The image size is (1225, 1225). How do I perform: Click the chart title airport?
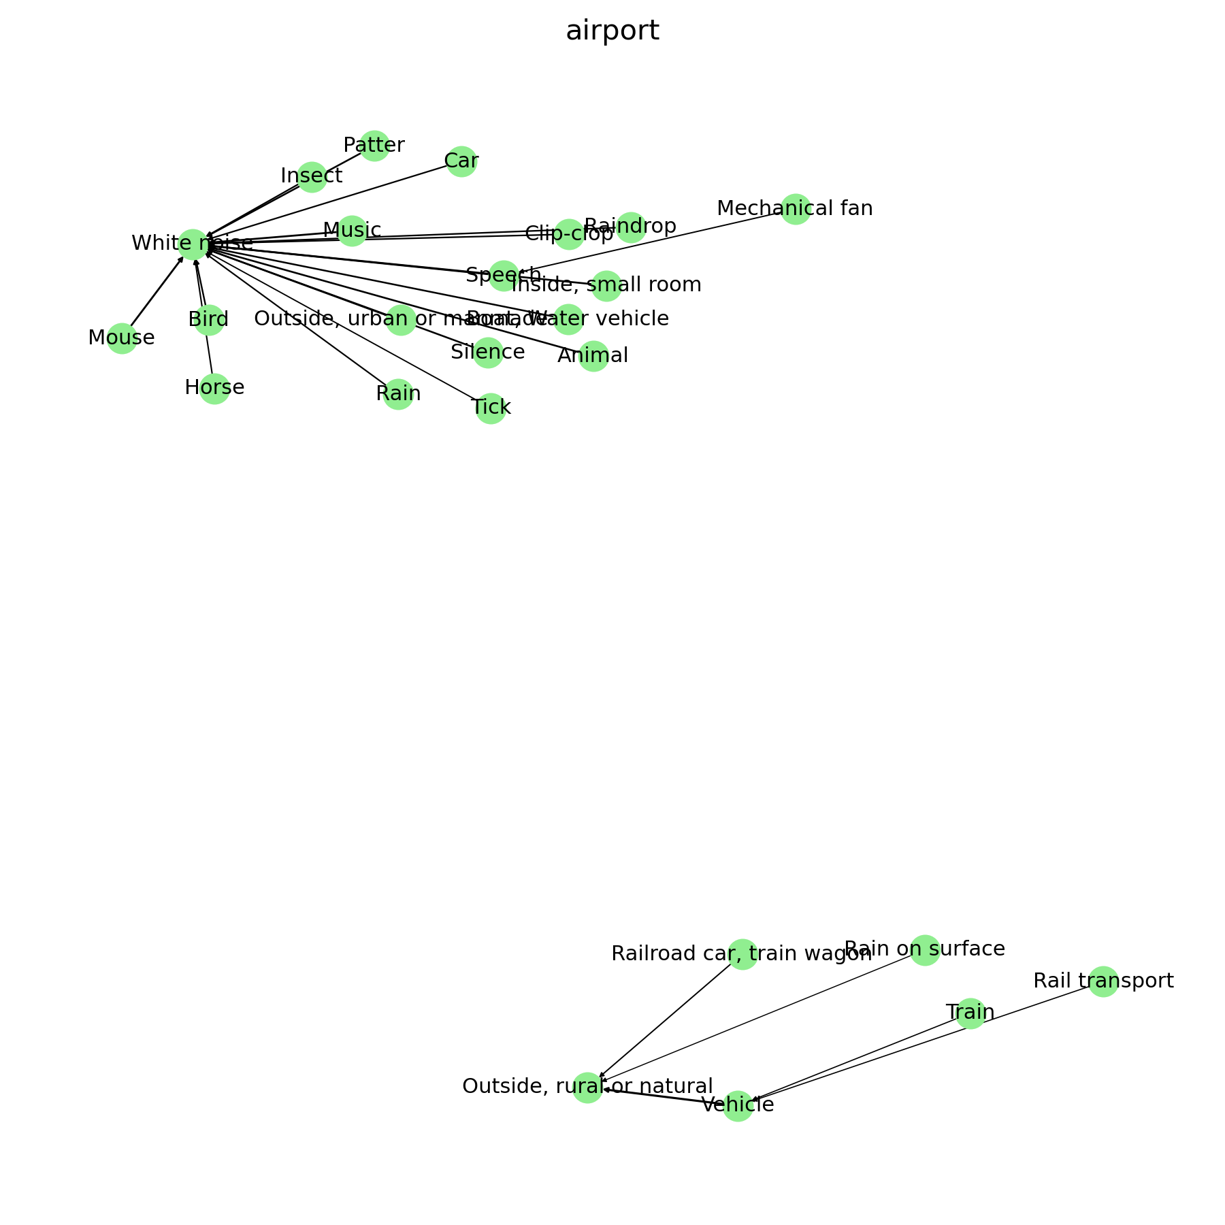(612, 31)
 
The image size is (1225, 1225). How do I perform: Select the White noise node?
(193, 244)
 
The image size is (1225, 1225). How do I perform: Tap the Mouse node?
(122, 338)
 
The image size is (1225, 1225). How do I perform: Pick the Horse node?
(214, 389)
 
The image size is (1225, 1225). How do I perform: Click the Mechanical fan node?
(795, 209)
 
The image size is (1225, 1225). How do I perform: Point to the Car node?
(461, 162)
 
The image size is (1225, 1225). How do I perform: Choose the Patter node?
(374, 146)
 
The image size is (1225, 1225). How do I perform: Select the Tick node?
(491, 408)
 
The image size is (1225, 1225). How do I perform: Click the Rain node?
(398, 394)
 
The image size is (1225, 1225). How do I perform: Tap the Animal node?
(593, 356)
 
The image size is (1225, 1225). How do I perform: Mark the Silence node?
(488, 353)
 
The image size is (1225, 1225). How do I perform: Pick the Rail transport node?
(1103, 981)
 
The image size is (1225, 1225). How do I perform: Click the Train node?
(970, 1013)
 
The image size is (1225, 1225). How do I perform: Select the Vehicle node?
(738, 1106)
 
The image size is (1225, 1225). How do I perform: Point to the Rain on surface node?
(925, 949)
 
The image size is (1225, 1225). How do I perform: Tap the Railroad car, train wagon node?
(742, 954)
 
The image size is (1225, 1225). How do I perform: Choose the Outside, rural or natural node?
(587, 1087)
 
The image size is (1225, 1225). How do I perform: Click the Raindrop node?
(630, 227)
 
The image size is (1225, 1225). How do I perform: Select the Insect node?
(312, 177)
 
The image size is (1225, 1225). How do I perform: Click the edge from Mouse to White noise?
(157, 293)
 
